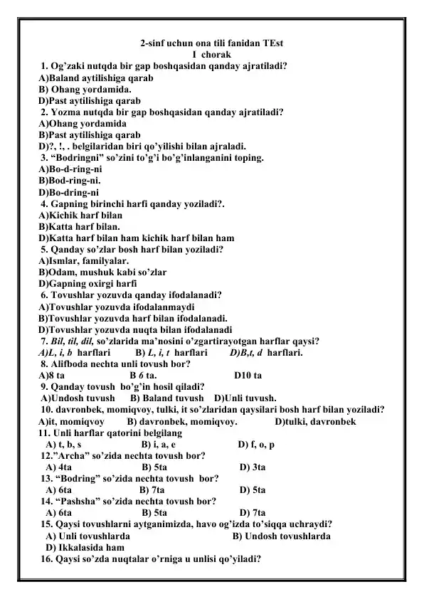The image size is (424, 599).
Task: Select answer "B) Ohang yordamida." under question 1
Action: click(x=85, y=90)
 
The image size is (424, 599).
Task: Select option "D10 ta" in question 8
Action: click(x=248, y=374)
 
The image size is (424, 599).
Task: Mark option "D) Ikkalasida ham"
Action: click(x=85, y=547)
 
